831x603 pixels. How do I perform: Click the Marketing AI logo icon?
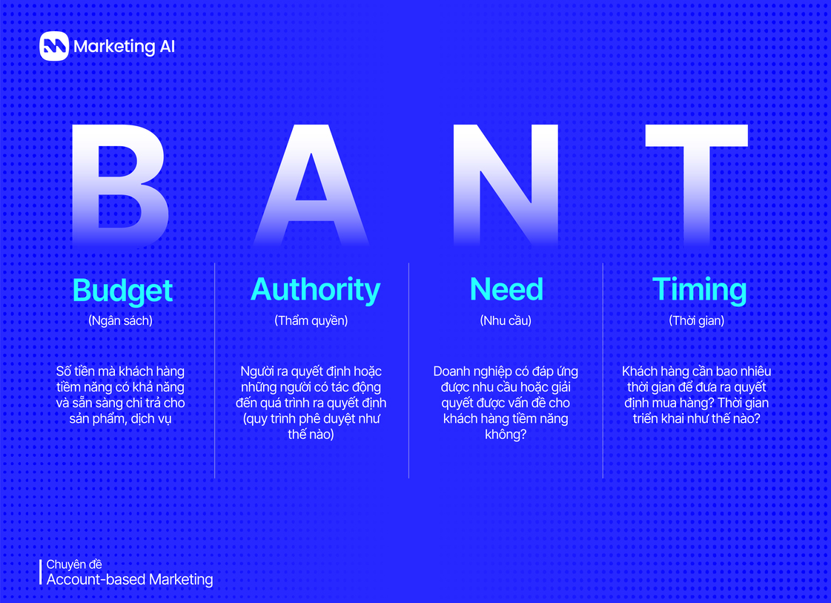[54, 46]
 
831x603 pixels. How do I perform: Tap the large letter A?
[311, 185]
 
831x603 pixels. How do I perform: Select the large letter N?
[506, 185]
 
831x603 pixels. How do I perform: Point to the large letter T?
[696, 185]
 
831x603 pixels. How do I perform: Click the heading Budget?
[122, 290]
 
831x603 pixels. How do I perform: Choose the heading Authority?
[316, 289]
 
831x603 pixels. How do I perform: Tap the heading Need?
[506, 289]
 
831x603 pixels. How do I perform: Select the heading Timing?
[699, 290]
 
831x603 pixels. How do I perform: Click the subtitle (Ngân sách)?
[120, 321]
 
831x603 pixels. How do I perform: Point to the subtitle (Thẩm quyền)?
[311, 321]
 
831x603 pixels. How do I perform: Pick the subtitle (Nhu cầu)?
[506, 321]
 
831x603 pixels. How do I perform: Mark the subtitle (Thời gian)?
[697, 321]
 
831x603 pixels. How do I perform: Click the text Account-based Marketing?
[130, 579]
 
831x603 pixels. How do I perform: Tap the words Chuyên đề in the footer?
[74, 564]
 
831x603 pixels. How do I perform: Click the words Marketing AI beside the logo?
[125, 47]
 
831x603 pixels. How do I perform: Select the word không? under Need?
[506, 435]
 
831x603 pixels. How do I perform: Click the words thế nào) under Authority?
[311, 435]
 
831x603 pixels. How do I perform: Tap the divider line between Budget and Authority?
[215, 371]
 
